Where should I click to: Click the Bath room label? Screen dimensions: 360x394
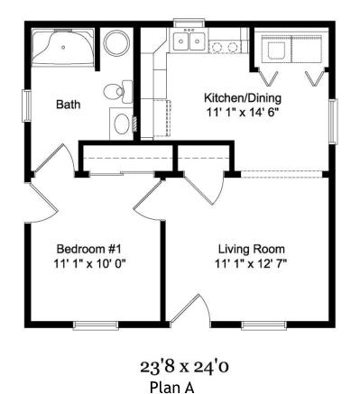click(69, 105)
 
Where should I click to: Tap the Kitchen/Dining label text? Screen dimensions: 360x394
click(243, 98)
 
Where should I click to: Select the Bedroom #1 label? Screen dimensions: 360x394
click(89, 249)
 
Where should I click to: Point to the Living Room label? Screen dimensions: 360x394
click(252, 249)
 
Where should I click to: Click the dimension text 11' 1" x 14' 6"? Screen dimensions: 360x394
click(241, 113)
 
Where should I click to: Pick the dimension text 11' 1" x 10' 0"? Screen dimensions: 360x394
click(89, 263)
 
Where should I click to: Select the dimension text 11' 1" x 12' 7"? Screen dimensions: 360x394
click(251, 263)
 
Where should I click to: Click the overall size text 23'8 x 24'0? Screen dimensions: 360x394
click(184, 367)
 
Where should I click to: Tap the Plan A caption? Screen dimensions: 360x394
click(171, 386)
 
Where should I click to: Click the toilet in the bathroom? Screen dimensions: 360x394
click(118, 91)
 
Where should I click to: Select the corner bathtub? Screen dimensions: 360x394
click(63, 47)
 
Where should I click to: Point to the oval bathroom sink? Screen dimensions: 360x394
click(121, 124)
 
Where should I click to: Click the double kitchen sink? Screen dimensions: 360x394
click(189, 40)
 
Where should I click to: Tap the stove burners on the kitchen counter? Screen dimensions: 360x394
click(225, 47)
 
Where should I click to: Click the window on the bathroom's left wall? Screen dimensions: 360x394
click(26, 105)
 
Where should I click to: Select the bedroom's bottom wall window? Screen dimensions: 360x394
click(96, 325)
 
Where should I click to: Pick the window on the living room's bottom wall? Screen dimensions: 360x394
click(263, 325)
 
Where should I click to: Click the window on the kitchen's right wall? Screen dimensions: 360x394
click(333, 122)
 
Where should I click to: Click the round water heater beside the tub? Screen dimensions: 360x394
click(116, 42)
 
